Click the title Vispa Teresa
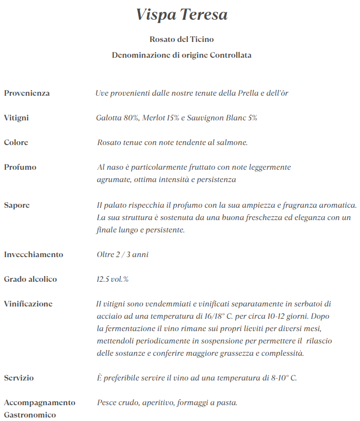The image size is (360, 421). point(182,15)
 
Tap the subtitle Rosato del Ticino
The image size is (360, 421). point(182,39)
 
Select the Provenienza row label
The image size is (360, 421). point(27,93)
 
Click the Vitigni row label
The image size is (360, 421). point(16,118)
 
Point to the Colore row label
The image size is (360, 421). point(16,143)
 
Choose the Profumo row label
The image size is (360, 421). point(20,167)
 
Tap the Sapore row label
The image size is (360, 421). point(17,205)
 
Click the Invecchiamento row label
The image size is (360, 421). point(34,255)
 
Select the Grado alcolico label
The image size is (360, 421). point(31,279)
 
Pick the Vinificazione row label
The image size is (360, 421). point(28,304)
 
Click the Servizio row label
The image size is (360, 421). point(19,378)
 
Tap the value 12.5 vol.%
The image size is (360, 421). point(113,279)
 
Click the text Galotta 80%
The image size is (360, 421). point(118,118)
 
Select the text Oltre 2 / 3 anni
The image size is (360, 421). point(122,255)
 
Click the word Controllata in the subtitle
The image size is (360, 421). point(231,55)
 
